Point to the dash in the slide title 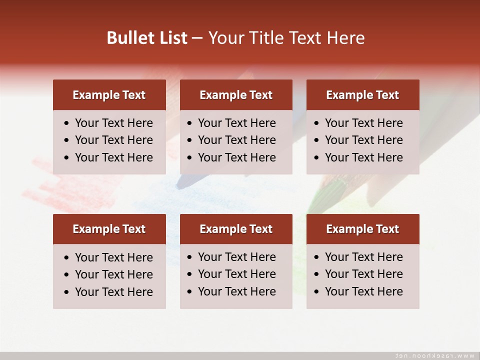(197, 38)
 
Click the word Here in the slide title (345, 38)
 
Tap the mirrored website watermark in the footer (434, 355)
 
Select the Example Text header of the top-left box (109, 95)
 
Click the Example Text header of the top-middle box (236, 95)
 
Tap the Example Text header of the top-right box (362, 95)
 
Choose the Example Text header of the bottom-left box (109, 229)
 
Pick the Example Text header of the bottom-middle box (236, 229)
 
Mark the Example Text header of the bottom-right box (362, 229)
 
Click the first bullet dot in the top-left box (67, 123)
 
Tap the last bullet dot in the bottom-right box (317, 292)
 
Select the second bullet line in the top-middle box (236, 140)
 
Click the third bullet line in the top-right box (363, 157)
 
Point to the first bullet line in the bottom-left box (113, 257)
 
